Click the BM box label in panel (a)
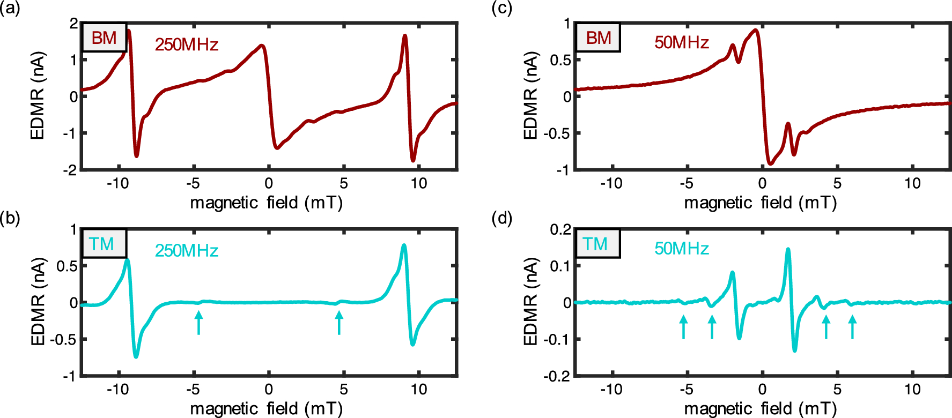pyautogui.click(x=104, y=38)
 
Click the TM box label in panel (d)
pyautogui.click(x=595, y=244)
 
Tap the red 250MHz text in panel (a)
pyautogui.click(x=187, y=44)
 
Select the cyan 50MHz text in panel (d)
pyautogui.click(x=682, y=249)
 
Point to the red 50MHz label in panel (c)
pyautogui.click(x=682, y=42)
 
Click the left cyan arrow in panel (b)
pyautogui.click(x=199, y=323)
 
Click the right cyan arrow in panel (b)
pyautogui.click(x=339, y=323)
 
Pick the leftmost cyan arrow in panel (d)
pyautogui.click(x=683, y=327)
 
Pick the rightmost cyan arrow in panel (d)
pyautogui.click(x=852, y=327)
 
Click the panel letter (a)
pyautogui.click(x=10, y=9)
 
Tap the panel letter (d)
pyautogui.click(x=502, y=219)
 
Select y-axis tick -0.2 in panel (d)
pyautogui.click(x=560, y=376)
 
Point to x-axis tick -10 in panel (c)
pyautogui.click(x=611, y=184)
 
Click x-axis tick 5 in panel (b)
pyautogui.click(x=344, y=390)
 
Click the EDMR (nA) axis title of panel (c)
pyautogui.click(x=530, y=96)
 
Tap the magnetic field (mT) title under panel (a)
pyautogui.click(x=267, y=203)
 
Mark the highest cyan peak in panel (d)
pyautogui.click(x=788, y=249)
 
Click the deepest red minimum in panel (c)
pyautogui.click(x=770, y=163)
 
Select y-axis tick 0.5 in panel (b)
pyautogui.click(x=68, y=266)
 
